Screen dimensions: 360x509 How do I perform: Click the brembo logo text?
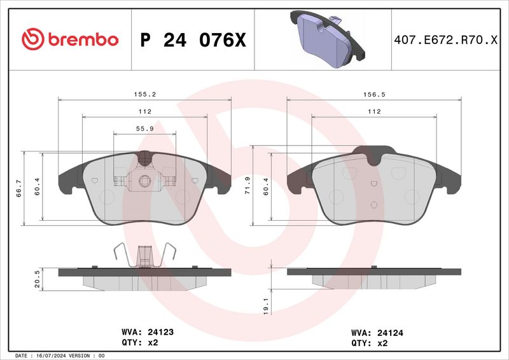coord(70,39)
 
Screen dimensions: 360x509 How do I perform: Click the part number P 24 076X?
coord(192,40)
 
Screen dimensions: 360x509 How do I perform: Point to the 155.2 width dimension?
coord(144,93)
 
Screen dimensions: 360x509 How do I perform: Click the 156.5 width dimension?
coord(373,93)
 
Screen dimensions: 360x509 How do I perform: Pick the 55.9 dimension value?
coord(144,128)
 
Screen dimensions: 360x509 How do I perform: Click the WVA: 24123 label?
coord(148,332)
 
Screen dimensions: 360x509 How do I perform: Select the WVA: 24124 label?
coord(378,332)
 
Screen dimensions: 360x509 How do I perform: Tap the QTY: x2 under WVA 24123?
coord(139,342)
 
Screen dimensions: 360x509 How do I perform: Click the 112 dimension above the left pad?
coord(144,111)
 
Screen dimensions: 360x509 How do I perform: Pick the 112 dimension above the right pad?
coord(373,111)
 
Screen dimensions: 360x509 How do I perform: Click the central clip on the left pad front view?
coord(145,180)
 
